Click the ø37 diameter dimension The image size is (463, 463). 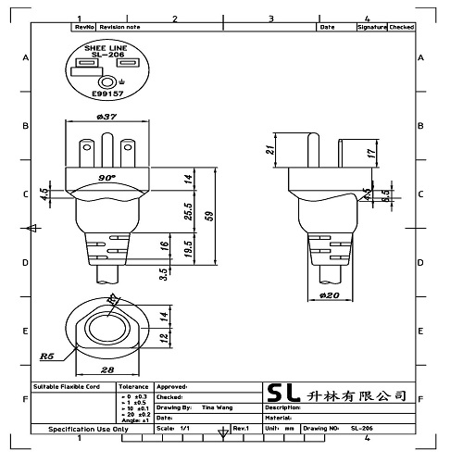pyautogui.click(x=106, y=117)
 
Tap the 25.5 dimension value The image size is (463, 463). pyautogui.click(x=189, y=211)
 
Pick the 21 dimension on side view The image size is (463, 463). pyautogui.click(x=270, y=150)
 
